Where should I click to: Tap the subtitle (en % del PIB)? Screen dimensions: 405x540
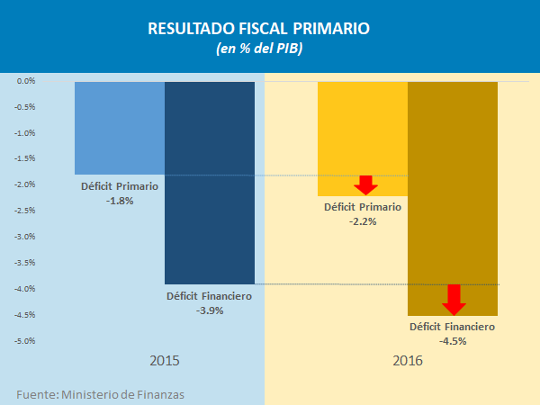(x=270, y=49)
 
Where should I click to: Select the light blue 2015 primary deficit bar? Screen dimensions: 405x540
(x=120, y=126)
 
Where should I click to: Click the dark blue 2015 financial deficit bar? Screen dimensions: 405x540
(x=210, y=180)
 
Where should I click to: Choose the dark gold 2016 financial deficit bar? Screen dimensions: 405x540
(x=453, y=180)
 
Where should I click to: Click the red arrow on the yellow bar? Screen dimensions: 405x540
(x=364, y=185)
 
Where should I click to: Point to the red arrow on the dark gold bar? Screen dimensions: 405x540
(x=454, y=299)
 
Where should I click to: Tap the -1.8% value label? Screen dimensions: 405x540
(x=119, y=201)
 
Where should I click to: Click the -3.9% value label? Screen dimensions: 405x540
(x=209, y=310)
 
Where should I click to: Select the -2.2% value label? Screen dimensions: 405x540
(x=362, y=220)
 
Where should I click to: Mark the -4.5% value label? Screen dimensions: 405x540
(x=452, y=341)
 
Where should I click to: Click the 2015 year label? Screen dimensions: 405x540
(x=164, y=361)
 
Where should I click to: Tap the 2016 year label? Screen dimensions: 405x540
(x=408, y=361)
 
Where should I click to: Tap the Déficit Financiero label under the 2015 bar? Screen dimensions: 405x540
(x=209, y=296)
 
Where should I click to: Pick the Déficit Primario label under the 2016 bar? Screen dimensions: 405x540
(x=362, y=207)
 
